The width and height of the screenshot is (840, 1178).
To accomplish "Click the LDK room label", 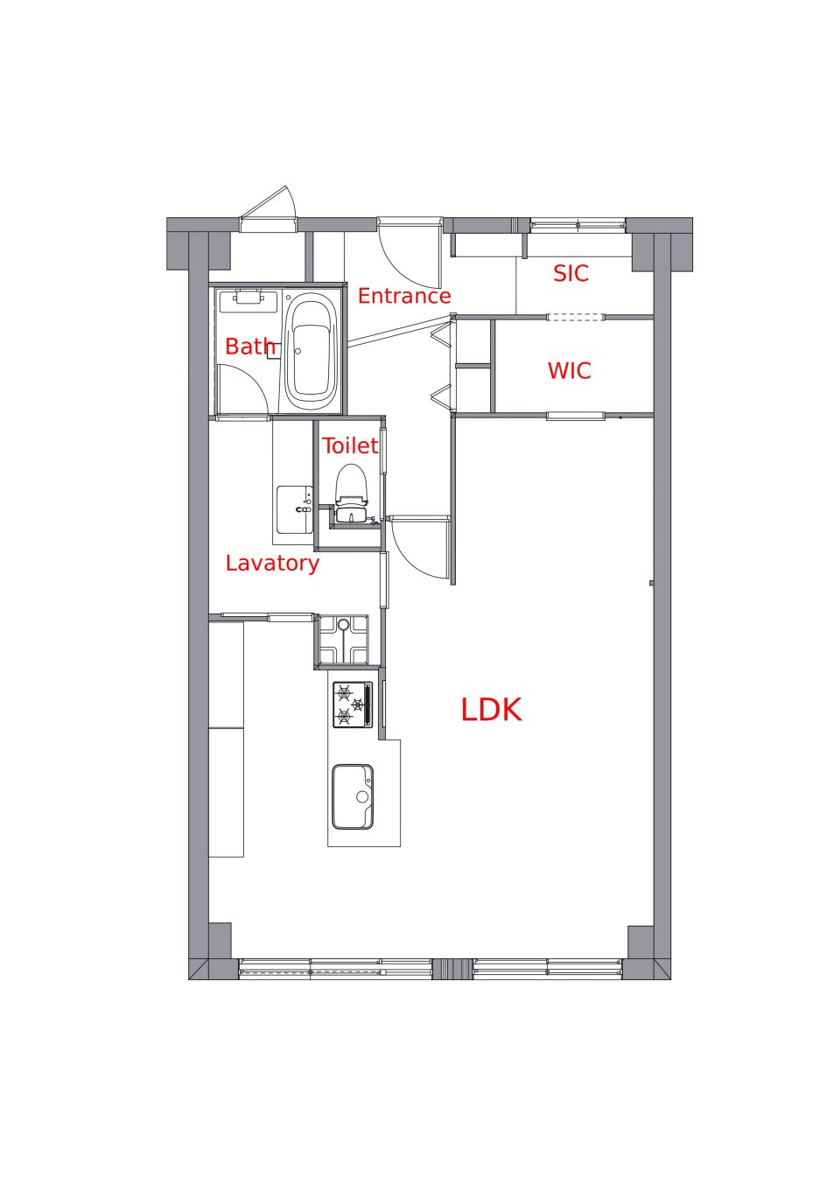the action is (491, 710).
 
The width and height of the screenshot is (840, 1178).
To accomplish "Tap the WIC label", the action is (570, 371).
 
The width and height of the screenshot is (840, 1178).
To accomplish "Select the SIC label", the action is (570, 273).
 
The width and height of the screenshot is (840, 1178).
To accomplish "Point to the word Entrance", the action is (404, 296).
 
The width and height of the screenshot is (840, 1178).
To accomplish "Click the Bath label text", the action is (250, 347).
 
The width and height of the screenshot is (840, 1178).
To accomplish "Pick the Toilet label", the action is (350, 446).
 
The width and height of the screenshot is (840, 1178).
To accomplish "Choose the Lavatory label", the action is (272, 564).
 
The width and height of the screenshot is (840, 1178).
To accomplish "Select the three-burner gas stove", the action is (353, 705).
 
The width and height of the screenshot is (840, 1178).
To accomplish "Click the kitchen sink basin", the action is (353, 796).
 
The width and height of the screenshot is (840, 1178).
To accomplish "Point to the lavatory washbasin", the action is (295, 509).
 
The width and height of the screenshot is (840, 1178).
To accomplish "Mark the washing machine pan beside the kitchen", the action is (344, 640).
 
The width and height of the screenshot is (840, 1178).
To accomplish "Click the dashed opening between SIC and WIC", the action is (575, 317).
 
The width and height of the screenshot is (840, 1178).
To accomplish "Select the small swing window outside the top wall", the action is (269, 209).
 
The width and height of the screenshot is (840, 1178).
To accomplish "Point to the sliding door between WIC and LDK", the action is (576, 417).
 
